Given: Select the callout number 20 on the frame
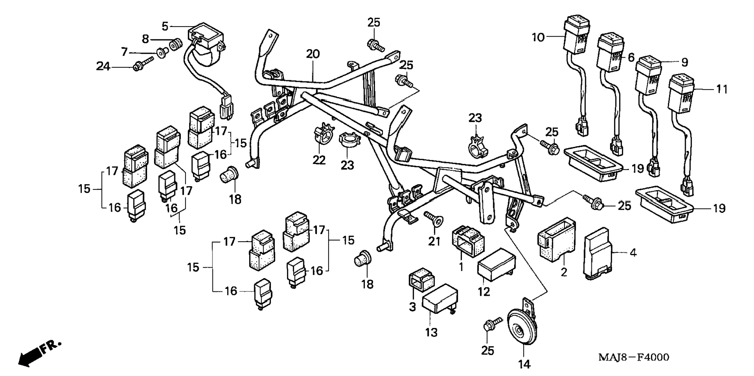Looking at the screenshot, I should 313,54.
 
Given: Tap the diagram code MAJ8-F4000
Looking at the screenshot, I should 634,357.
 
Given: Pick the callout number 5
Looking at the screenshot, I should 165,26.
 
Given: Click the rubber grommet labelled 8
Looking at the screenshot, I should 177,43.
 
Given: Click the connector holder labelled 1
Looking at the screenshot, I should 467,240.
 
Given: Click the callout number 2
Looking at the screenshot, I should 564,272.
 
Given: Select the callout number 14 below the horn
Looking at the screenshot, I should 524,364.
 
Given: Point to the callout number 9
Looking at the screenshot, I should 684,62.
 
